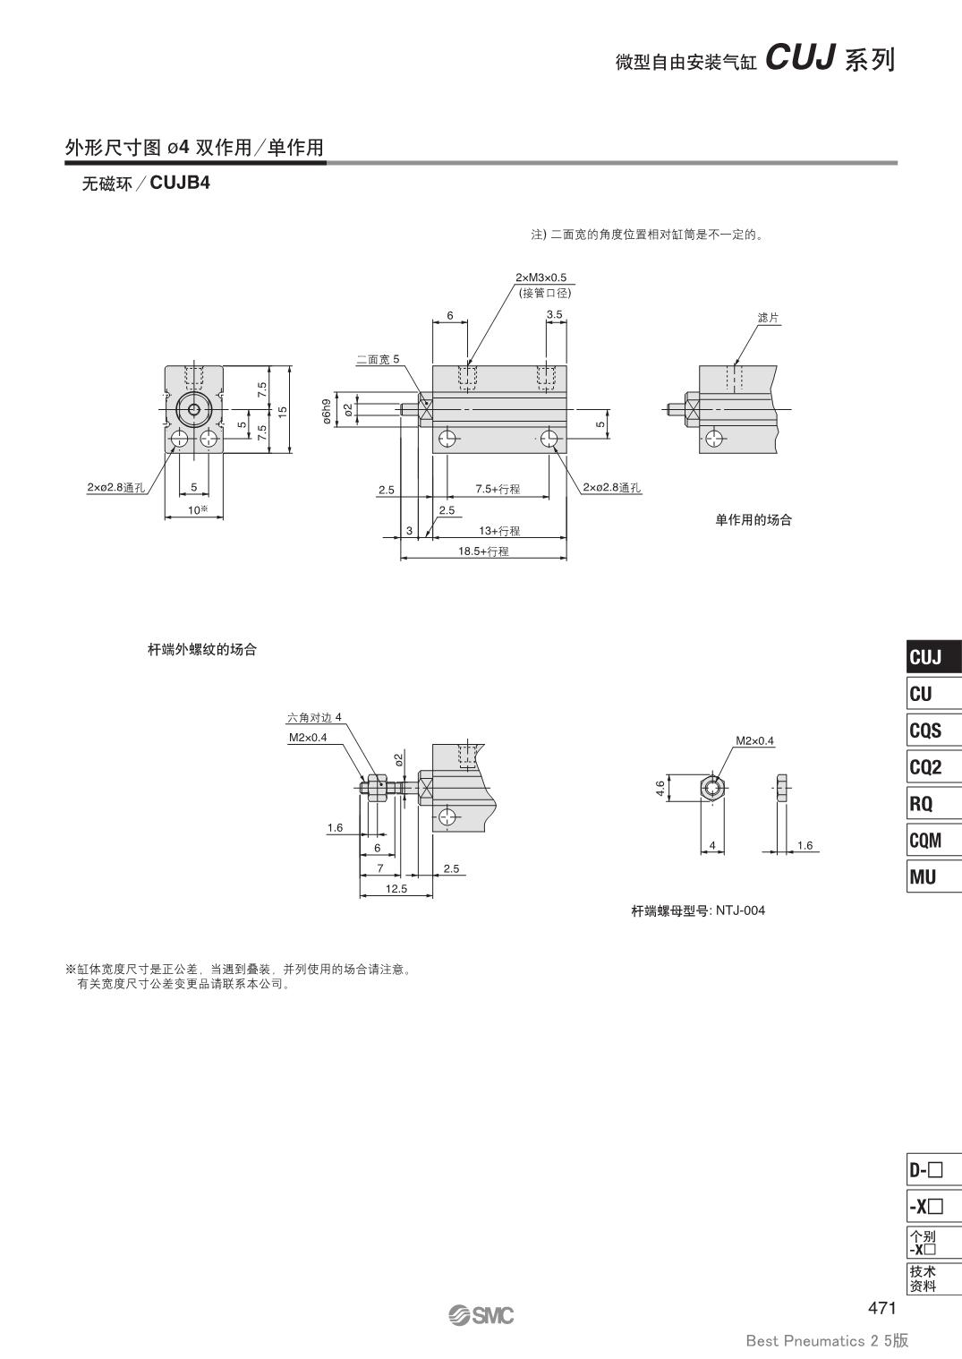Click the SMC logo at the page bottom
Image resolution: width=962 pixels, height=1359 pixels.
481,1315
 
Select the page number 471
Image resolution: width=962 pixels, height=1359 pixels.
881,1307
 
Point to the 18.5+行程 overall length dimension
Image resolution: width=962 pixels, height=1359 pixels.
483,551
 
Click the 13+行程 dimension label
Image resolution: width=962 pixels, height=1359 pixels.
499,531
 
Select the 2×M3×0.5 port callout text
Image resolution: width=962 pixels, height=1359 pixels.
541,278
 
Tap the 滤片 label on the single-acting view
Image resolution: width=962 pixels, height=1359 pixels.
768,317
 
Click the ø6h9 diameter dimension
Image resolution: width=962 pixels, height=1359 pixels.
327,411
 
